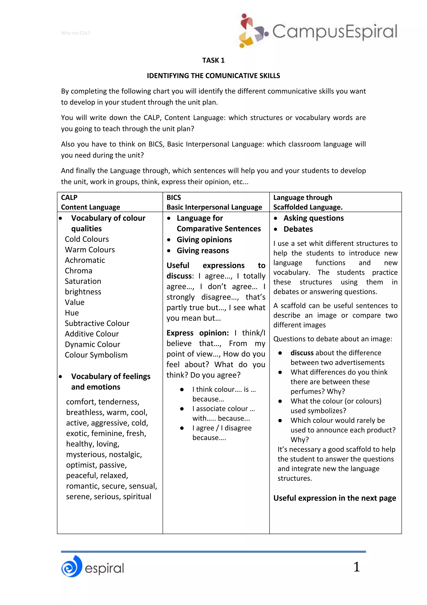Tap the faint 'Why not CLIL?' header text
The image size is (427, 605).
(75, 33)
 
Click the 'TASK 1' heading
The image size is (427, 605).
(213, 60)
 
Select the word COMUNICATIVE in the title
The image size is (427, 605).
(228, 76)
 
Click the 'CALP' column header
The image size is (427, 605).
(69, 197)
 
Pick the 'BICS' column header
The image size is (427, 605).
(174, 197)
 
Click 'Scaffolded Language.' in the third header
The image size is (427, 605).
(308, 207)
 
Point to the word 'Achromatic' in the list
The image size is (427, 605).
(85, 260)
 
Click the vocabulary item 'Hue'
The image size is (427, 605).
(72, 313)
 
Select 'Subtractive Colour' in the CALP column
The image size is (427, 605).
(97, 323)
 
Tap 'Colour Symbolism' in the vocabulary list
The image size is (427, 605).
(96, 355)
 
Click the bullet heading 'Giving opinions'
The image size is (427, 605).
(204, 240)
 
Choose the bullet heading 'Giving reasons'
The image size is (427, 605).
(203, 250)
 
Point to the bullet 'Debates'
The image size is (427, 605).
(298, 229)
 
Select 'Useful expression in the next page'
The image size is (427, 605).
(334, 498)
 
